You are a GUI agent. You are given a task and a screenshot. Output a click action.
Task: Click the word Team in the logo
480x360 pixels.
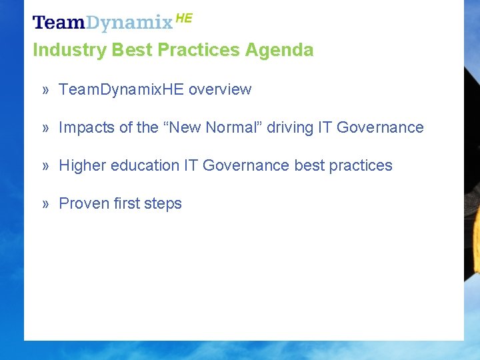pyautogui.click(x=59, y=23)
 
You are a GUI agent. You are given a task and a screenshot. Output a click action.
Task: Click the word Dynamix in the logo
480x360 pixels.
pyautogui.click(x=129, y=24)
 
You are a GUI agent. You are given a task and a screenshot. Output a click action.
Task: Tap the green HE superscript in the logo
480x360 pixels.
pyautogui.click(x=184, y=19)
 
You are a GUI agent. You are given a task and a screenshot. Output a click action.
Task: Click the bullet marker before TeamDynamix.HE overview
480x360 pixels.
pyautogui.click(x=46, y=89)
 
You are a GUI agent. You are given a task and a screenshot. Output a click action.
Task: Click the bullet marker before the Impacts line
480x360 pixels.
pyautogui.click(x=46, y=127)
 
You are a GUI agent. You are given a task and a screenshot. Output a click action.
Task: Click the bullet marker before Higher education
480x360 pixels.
pyautogui.click(x=46, y=165)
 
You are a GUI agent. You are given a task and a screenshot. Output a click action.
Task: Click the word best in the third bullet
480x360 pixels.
pyautogui.click(x=309, y=165)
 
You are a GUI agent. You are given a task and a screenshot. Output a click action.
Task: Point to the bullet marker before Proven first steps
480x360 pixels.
pyautogui.click(x=46, y=203)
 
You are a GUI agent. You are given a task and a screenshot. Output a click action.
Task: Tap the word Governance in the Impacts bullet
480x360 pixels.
pyautogui.click(x=380, y=127)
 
